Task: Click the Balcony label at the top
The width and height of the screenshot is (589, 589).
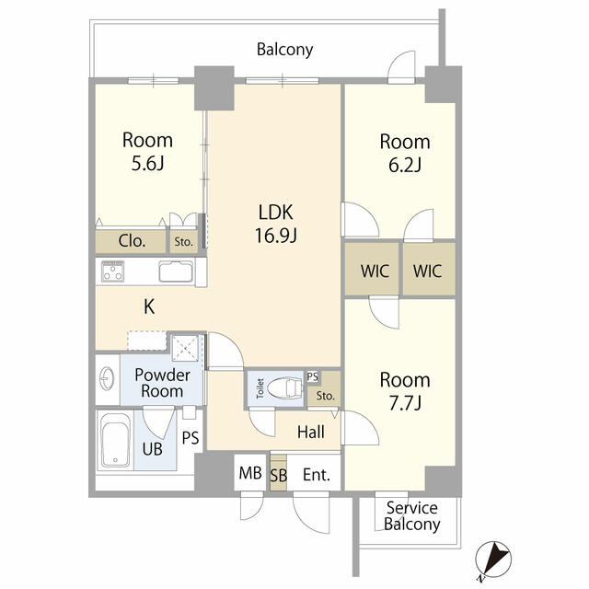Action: pyautogui.click(x=285, y=50)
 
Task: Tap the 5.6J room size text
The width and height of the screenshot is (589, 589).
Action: pyautogui.click(x=147, y=166)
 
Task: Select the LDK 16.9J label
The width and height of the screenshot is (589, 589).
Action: pyautogui.click(x=275, y=224)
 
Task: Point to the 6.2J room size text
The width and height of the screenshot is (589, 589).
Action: pyautogui.click(x=405, y=167)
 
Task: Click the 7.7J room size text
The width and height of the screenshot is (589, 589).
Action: pyautogui.click(x=405, y=404)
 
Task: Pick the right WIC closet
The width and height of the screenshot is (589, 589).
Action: pyautogui.click(x=428, y=271)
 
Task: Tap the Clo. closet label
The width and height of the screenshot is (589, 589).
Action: pyautogui.click(x=132, y=242)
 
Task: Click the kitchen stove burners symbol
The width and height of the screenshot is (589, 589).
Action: pyautogui.click(x=114, y=271)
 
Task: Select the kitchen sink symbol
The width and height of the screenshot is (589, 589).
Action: pyautogui.click(x=175, y=271)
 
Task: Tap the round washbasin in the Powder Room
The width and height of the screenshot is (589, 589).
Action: pyautogui.click(x=106, y=375)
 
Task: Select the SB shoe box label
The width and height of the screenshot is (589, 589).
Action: pyautogui.click(x=278, y=476)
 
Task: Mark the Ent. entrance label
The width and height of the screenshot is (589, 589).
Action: pyautogui.click(x=315, y=475)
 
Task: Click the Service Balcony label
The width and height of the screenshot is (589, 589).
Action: pyautogui.click(x=411, y=516)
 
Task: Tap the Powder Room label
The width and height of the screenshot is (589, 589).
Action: pyautogui.click(x=162, y=383)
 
